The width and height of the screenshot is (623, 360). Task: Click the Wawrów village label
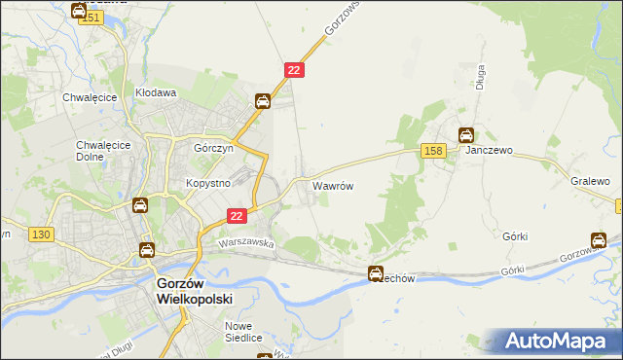[332, 184]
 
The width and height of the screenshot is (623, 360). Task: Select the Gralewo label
[590, 181]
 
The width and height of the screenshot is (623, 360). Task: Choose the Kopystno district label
[206, 182]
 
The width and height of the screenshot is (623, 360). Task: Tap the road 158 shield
[434, 150]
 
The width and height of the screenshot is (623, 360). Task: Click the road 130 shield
[41, 234]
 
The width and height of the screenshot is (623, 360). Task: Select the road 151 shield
[92, 18]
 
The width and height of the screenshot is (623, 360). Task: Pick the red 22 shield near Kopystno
[236, 216]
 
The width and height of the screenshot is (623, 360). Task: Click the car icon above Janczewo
[467, 135]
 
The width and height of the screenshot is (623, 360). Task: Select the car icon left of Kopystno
[139, 205]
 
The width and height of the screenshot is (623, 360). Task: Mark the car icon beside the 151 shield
[79, 11]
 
